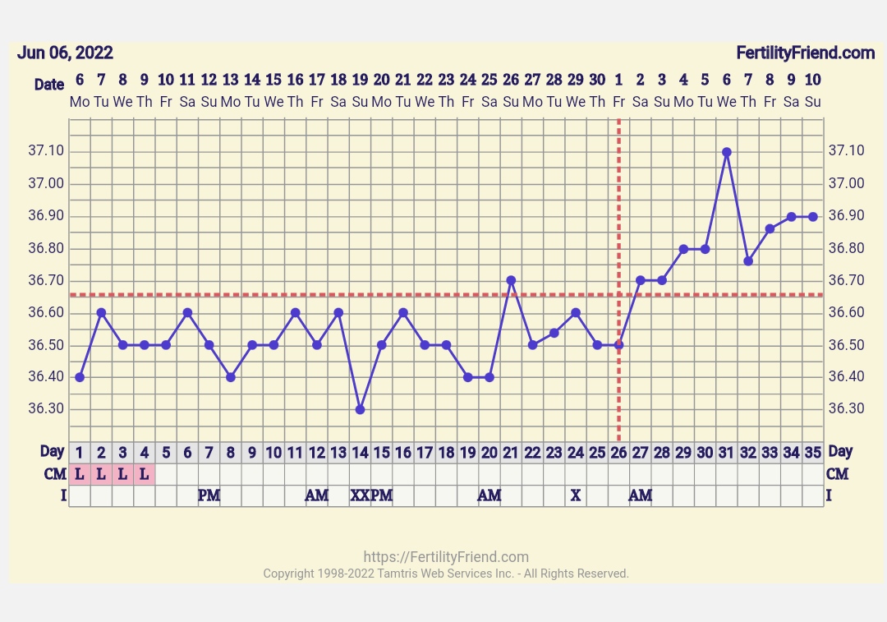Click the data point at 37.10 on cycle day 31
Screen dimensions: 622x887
tap(727, 152)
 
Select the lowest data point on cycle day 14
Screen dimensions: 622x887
tap(360, 409)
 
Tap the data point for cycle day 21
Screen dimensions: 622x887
tap(511, 280)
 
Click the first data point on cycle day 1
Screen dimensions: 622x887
tap(80, 377)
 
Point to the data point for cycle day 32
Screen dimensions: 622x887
tap(748, 260)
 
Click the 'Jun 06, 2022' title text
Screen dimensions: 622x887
tap(65, 53)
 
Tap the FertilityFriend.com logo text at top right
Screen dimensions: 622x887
tap(805, 53)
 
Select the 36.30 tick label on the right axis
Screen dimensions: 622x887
tap(846, 409)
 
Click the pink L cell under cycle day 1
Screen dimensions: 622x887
tap(80, 474)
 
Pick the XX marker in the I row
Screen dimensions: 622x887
tap(360, 495)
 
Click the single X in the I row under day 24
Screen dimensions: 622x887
tap(576, 495)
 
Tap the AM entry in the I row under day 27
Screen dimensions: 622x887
tap(641, 495)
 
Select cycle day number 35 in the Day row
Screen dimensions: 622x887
tap(812, 453)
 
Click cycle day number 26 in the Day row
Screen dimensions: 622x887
tap(618, 453)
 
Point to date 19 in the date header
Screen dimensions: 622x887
tap(360, 80)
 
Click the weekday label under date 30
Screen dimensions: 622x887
tap(597, 102)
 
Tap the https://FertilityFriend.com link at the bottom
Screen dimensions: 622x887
tap(446, 557)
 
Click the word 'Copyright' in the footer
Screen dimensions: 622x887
tap(288, 574)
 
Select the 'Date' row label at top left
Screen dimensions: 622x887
tap(49, 85)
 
